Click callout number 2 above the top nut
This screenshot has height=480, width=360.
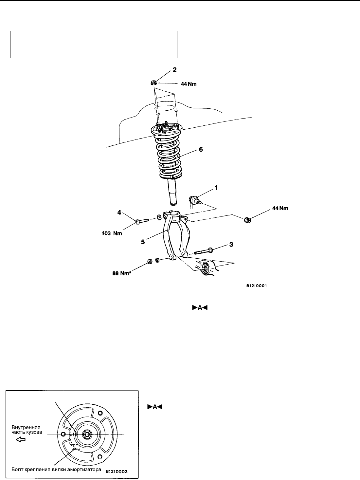point(174,70)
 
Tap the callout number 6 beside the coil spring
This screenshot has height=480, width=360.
point(201,149)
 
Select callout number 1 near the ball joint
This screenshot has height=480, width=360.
point(216,188)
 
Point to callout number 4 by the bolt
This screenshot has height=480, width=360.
point(119,212)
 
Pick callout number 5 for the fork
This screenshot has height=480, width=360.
point(143,242)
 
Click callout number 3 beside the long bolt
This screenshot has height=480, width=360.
point(231,245)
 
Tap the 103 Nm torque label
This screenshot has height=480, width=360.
point(112,233)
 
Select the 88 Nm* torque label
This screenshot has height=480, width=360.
point(122,273)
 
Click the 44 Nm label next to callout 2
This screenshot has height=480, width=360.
point(189,84)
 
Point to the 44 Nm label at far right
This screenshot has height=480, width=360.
point(280,208)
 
